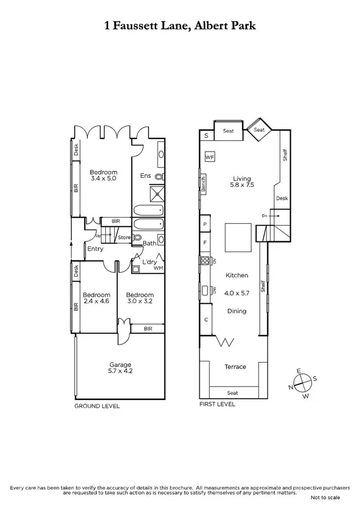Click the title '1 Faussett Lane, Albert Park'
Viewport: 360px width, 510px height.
click(x=180, y=26)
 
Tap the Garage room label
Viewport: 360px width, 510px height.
click(x=120, y=368)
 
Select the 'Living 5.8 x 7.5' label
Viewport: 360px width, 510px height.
click(x=242, y=182)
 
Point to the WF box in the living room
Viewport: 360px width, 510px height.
click(x=210, y=157)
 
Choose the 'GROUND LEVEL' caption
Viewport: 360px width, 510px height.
click(x=97, y=406)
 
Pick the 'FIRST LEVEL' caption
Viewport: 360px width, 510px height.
click(x=217, y=405)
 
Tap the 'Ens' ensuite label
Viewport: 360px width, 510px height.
click(x=145, y=176)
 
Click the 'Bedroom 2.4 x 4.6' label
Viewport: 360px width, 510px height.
click(x=96, y=298)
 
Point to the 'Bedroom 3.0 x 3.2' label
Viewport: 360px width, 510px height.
click(x=139, y=298)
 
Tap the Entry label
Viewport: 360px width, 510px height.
click(x=95, y=249)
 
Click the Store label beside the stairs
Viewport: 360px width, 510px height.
click(x=124, y=238)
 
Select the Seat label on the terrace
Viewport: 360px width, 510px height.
click(x=233, y=393)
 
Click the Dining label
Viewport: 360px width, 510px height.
click(x=236, y=311)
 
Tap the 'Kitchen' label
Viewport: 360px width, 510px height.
click(x=237, y=275)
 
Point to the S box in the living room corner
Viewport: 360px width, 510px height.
click(x=206, y=136)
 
